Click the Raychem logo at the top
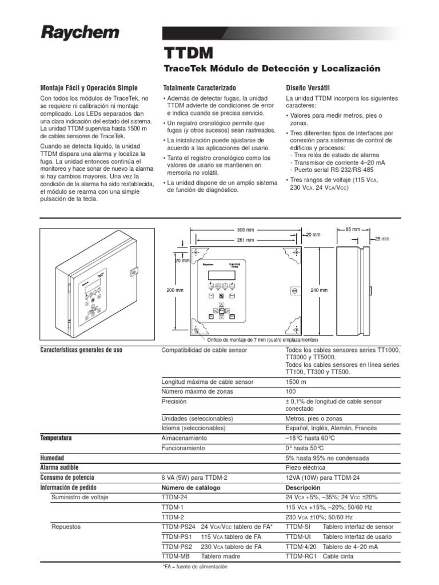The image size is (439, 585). tap(79, 33)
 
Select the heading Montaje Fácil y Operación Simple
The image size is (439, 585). tap(89, 88)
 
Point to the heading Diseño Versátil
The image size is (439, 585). tap(308, 88)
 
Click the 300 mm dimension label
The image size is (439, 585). tap(244, 230)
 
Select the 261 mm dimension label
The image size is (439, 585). tap(245, 240)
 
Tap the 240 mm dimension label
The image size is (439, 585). tap(320, 290)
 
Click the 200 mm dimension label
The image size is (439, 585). tap(174, 290)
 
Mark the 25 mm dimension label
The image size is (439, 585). tap(382, 238)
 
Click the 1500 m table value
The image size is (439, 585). tap(296, 382)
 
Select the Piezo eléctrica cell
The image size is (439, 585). tap(307, 467)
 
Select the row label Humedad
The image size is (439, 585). tap(52, 458)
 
